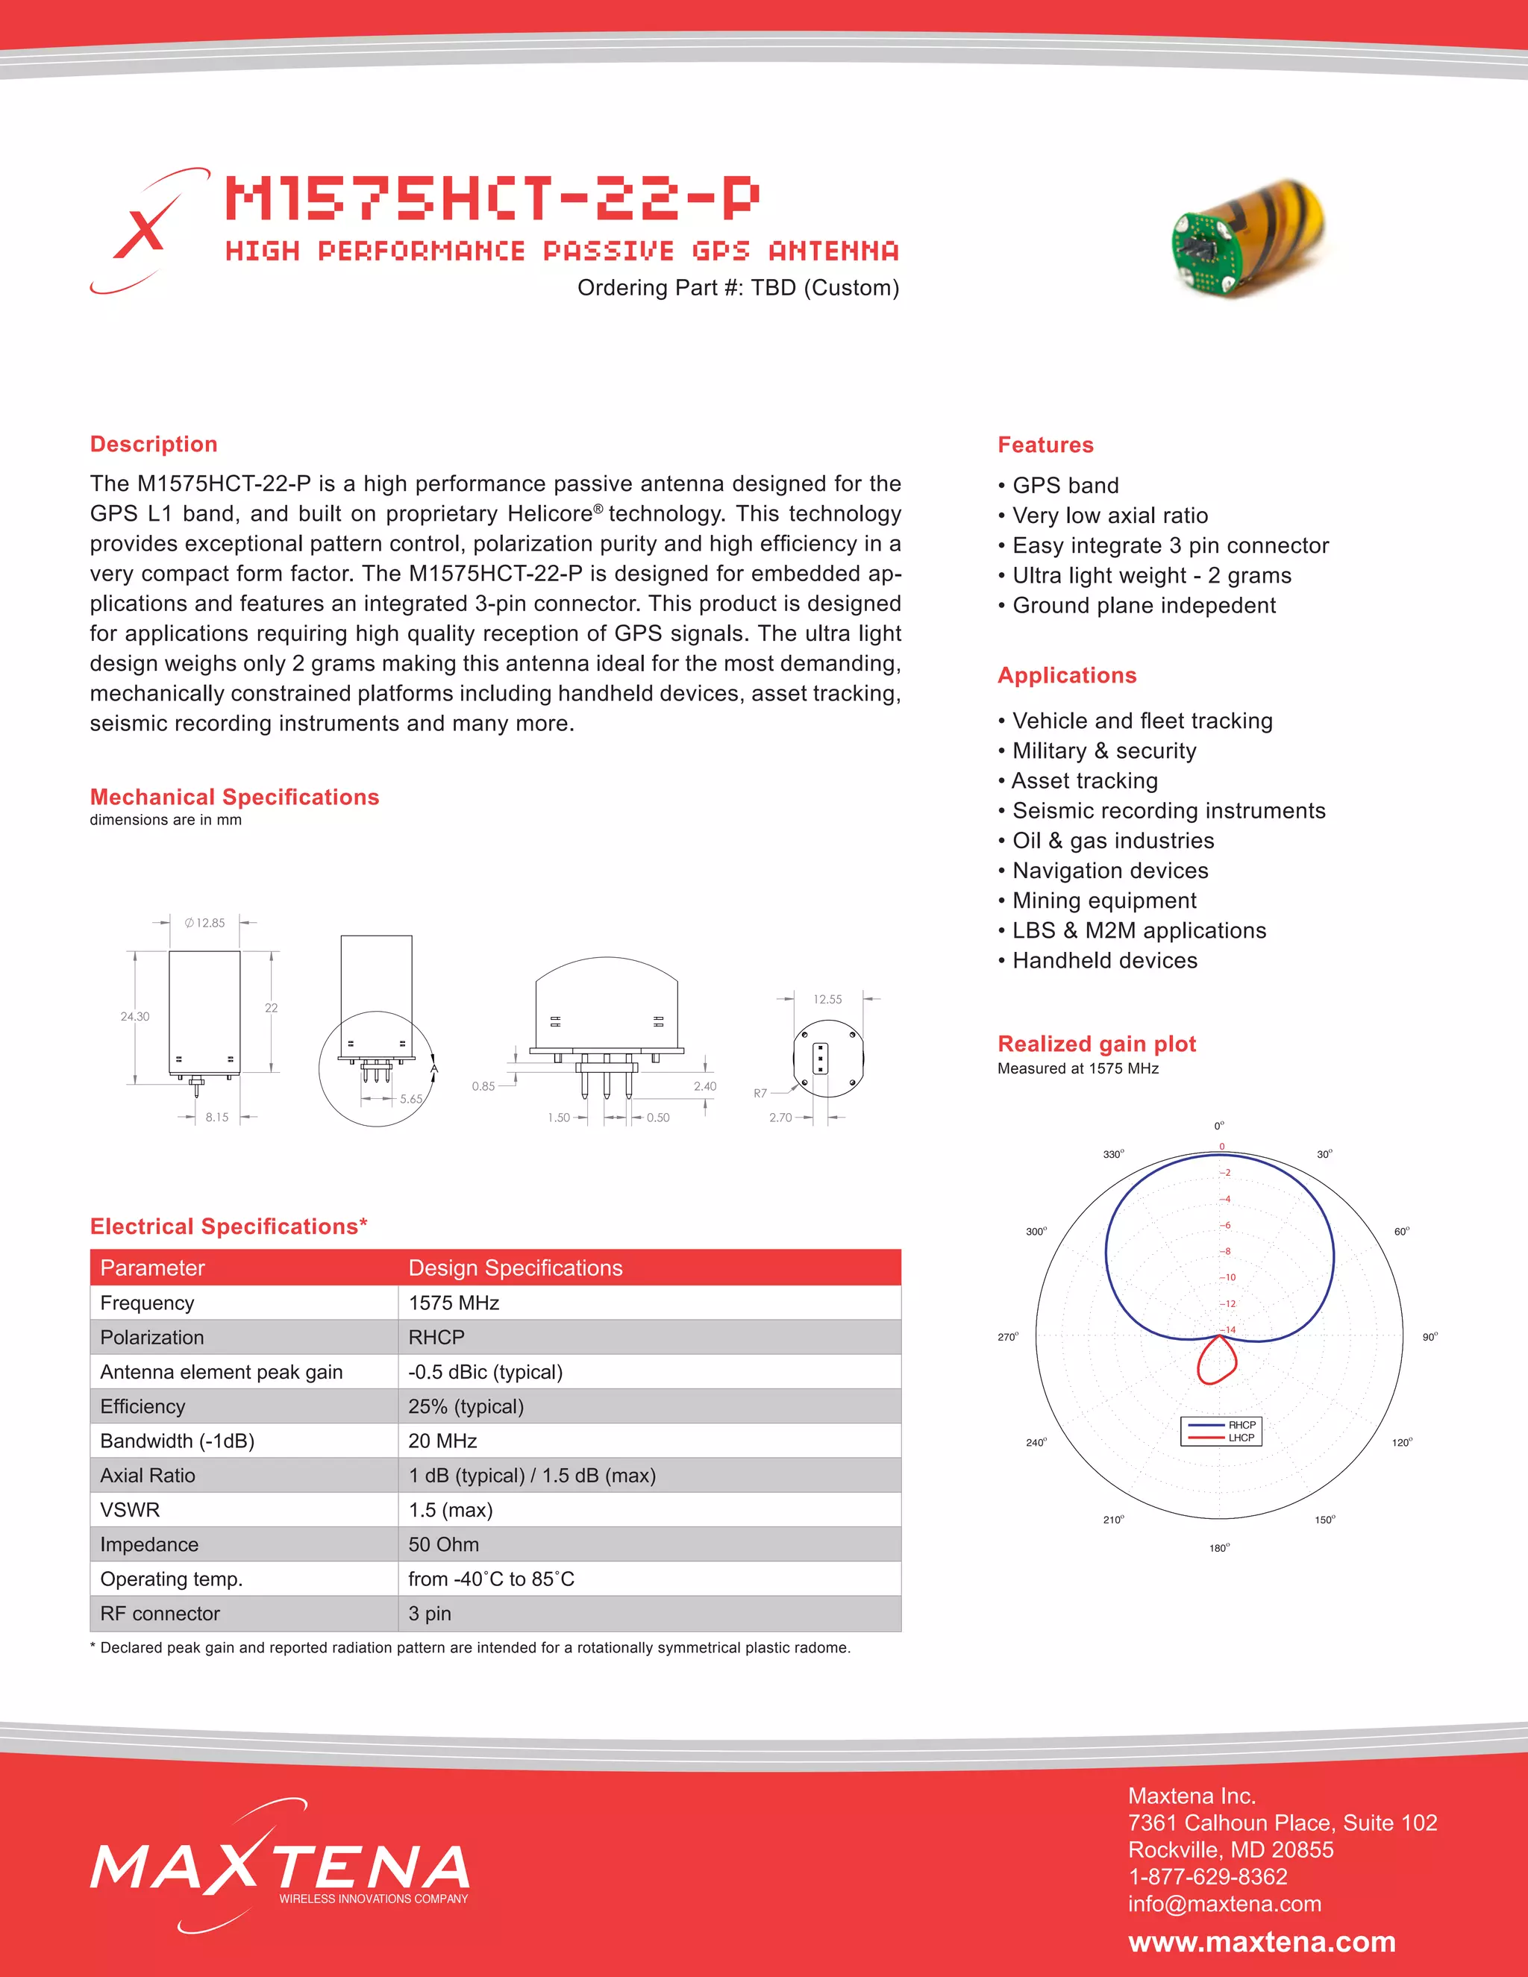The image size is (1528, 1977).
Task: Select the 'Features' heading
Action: [x=1045, y=445]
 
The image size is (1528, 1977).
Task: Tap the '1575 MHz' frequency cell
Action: [x=454, y=1303]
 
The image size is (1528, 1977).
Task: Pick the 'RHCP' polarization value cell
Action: [x=436, y=1337]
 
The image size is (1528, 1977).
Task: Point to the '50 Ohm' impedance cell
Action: [x=444, y=1544]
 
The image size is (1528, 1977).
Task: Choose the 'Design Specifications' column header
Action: [x=515, y=1268]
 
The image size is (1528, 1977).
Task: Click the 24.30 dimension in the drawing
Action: [x=135, y=1017]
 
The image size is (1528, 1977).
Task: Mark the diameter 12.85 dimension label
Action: [x=205, y=922]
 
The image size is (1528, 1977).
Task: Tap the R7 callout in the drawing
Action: [x=760, y=1094]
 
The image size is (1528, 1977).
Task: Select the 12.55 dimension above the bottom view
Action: [x=827, y=1000]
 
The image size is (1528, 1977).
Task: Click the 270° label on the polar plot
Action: [x=1007, y=1337]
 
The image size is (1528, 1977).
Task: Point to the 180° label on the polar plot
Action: [x=1219, y=1548]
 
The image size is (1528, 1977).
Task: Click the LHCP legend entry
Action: [x=1240, y=1438]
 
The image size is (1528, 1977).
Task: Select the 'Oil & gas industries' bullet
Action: [x=1112, y=840]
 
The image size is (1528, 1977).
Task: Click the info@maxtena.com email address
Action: [x=1224, y=1903]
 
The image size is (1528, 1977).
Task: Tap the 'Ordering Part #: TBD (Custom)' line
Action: [x=738, y=288]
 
